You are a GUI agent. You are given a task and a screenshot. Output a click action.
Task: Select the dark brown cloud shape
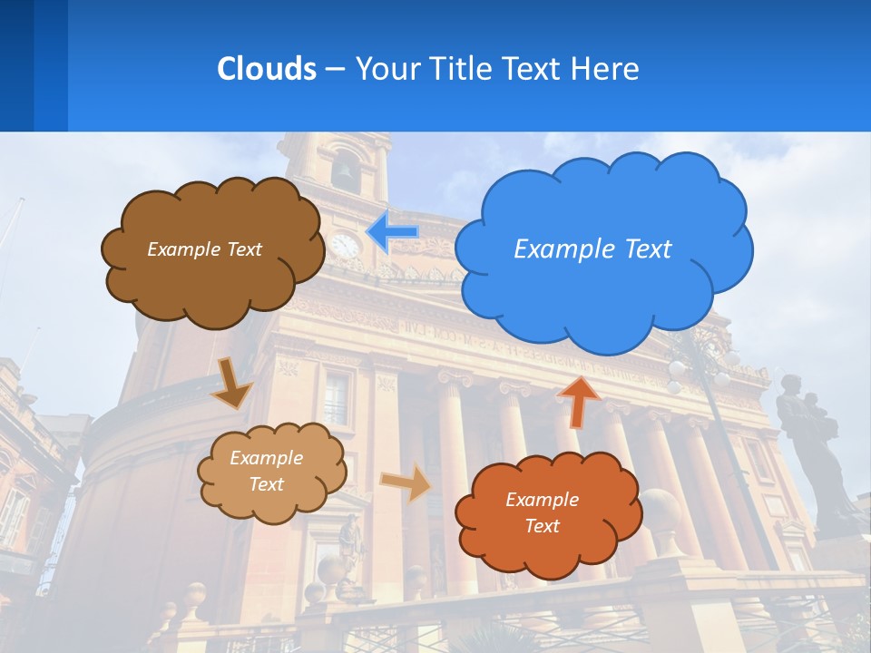point(213,281)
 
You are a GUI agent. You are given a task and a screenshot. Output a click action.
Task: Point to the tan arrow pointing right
point(406,482)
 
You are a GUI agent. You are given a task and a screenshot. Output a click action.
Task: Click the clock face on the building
point(345,245)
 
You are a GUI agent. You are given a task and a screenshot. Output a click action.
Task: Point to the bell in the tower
point(346,172)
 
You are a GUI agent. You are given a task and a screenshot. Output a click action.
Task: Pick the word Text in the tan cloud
point(266,484)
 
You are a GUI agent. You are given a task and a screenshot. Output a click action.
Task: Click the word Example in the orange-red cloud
point(542,500)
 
